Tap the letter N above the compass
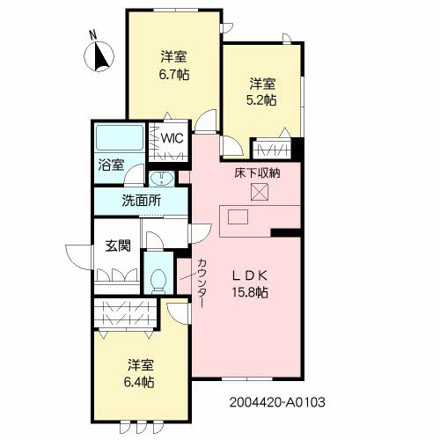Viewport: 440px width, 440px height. (x=92, y=35)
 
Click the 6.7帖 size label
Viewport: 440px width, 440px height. (x=173, y=75)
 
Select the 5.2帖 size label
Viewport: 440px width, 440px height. (x=261, y=100)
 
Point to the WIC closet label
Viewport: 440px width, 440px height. (x=172, y=138)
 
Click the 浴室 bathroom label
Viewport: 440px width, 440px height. (x=111, y=165)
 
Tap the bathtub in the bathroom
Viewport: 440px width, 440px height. (x=118, y=139)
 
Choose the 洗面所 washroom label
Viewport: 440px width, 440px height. (x=141, y=200)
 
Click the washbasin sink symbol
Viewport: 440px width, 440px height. (x=163, y=178)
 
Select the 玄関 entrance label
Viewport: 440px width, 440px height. (x=118, y=246)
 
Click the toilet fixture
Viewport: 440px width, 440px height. (x=159, y=278)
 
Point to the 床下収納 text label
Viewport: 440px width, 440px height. (x=257, y=173)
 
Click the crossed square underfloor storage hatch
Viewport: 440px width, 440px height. (x=260, y=193)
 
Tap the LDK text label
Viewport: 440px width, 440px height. (x=249, y=275)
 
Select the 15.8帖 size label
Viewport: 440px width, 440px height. (x=249, y=292)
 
